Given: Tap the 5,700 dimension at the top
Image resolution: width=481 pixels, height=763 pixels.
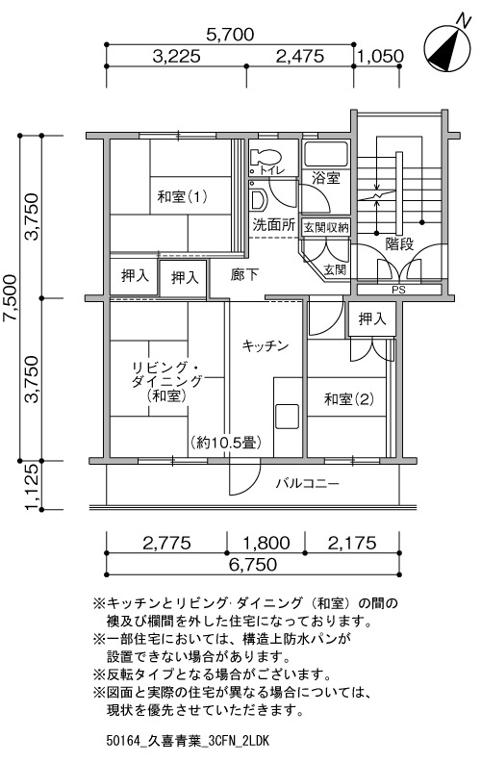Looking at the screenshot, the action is point(230,35).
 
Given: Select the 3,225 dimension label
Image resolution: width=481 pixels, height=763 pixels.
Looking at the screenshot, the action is point(176,57).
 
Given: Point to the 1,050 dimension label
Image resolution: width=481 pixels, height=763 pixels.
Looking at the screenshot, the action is point(380,57).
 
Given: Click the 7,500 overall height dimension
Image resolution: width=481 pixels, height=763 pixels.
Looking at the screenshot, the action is point(11,298).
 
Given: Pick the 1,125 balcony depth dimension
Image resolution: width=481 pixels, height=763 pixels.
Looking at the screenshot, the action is point(31,486).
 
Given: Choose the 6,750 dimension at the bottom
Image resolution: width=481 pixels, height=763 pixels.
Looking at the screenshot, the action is point(253,564).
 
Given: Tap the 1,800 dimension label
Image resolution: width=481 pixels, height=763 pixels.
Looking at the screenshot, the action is point(266,543).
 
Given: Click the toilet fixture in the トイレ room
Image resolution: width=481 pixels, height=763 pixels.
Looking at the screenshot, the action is point(266,159).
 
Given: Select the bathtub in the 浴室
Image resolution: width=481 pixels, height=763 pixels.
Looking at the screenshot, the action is point(325,154).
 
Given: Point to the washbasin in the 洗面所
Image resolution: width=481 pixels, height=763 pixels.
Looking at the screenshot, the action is point(258,198).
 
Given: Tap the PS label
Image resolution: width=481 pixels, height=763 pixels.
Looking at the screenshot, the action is point(398,290).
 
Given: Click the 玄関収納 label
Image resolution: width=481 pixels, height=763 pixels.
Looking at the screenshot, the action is point(326,227).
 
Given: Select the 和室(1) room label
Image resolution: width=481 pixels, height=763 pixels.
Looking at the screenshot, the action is point(183,196).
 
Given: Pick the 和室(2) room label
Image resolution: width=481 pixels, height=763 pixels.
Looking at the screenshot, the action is point(348,399).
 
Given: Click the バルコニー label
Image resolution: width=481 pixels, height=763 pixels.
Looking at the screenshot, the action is point(308,483).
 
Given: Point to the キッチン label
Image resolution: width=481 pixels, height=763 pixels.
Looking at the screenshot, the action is point(266,346).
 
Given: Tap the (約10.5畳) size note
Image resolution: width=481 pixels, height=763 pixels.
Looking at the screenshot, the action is point(226,443).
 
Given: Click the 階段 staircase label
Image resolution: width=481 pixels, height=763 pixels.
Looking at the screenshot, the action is point(399,243).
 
